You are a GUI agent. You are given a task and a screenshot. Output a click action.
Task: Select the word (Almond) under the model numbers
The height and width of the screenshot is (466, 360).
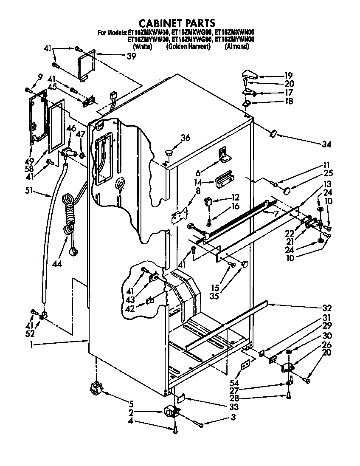(x=236, y=47)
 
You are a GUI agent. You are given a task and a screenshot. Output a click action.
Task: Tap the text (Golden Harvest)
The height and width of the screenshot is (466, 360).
(x=188, y=47)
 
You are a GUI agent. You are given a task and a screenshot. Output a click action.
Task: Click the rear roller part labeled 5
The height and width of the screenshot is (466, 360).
(x=97, y=388)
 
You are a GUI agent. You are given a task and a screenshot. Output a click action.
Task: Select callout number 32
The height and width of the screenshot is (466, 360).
(x=327, y=308)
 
